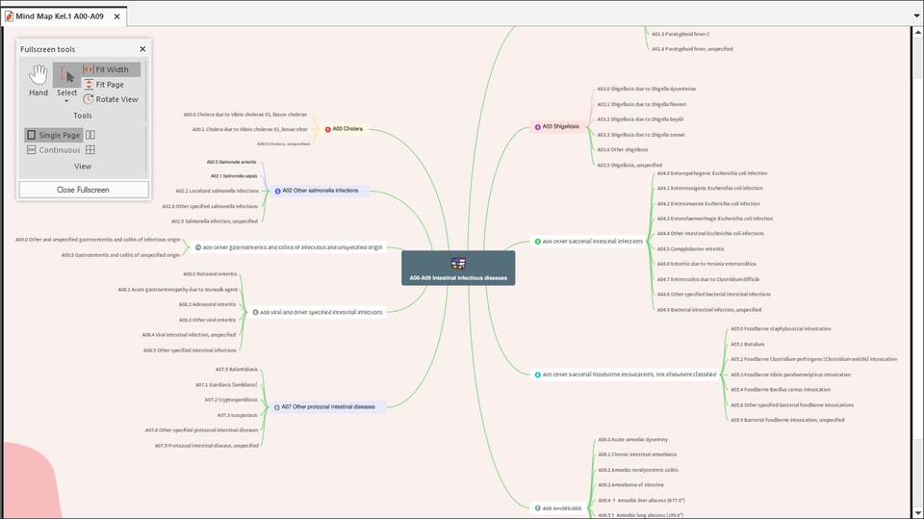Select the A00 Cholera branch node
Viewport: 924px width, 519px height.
pos(346,128)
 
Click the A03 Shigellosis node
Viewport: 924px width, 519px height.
pos(559,126)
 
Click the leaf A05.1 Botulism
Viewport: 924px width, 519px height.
pos(747,344)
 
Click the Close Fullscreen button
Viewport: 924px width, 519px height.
pos(83,190)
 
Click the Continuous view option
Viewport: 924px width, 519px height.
pos(53,150)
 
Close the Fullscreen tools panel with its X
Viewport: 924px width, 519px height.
pos(142,49)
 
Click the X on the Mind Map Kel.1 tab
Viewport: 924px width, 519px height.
pos(117,16)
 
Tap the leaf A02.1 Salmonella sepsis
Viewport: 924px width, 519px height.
pos(233,176)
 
